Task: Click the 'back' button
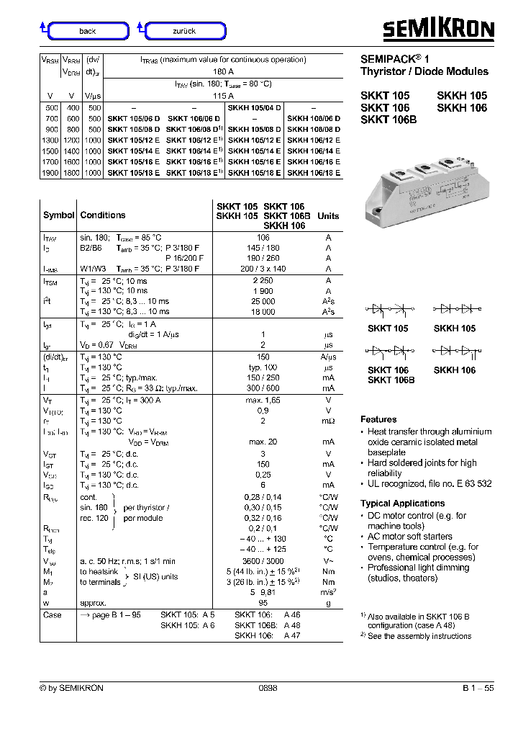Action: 88,31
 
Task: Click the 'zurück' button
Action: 185,31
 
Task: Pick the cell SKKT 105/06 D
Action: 134,118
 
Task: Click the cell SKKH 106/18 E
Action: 314,173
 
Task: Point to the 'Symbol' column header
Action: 58,215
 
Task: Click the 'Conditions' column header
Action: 103,215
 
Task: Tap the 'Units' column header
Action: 328,216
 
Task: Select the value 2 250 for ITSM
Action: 263,281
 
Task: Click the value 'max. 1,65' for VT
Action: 263,400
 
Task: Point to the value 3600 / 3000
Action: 263,560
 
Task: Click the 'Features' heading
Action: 378,419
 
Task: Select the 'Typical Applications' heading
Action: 402,504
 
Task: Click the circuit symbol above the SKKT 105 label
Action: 388,309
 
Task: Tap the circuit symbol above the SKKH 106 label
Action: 455,351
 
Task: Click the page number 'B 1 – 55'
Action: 478,689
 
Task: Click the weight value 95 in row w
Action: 263,603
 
